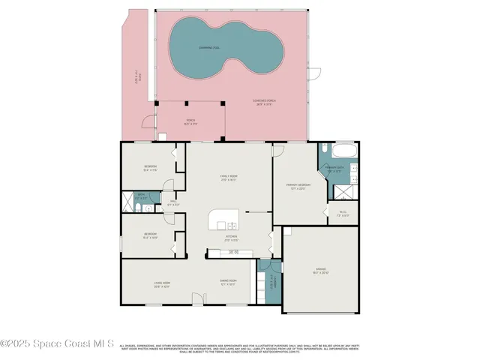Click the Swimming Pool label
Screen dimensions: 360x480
tap(209, 47)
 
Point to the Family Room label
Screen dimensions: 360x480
tap(229, 178)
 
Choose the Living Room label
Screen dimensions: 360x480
tap(162, 284)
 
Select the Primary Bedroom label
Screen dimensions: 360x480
tap(298, 187)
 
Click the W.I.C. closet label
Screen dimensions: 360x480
tap(342, 213)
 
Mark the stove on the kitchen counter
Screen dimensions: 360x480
tap(233, 252)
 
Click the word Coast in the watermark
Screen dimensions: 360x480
tap(72, 344)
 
